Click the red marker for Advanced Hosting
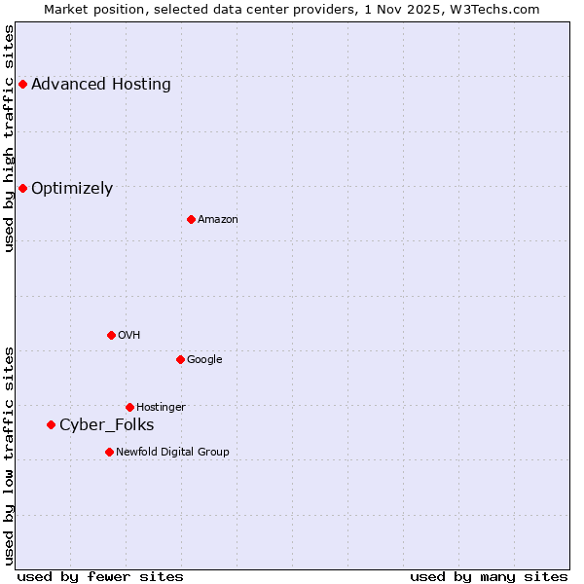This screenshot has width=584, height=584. [x=22, y=84]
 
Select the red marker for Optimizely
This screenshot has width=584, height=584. [x=22, y=188]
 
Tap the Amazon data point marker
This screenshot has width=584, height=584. [x=191, y=219]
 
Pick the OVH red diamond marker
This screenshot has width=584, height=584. [x=111, y=335]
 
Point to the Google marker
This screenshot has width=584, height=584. [x=180, y=359]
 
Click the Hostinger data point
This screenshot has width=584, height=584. [x=129, y=407]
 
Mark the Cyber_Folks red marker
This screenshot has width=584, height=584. [x=51, y=424]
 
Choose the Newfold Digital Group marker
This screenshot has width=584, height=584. [x=109, y=452]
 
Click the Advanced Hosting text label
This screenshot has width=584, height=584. [x=101, y=84]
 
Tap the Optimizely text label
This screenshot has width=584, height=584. [x=72, y=188]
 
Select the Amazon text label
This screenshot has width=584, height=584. [x=218, y=219]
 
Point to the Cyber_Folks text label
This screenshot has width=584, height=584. [x=107, y=424]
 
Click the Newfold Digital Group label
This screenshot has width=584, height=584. [x=173, y=452]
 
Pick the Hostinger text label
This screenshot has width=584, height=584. [x=161, y=407]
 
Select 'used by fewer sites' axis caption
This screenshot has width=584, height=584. [x=100, y=576]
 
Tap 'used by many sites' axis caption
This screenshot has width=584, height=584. [x=489, y=576]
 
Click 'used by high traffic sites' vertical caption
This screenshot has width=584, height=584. [x=9, y=138]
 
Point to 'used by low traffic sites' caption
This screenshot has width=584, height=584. [x=9, y=455]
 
